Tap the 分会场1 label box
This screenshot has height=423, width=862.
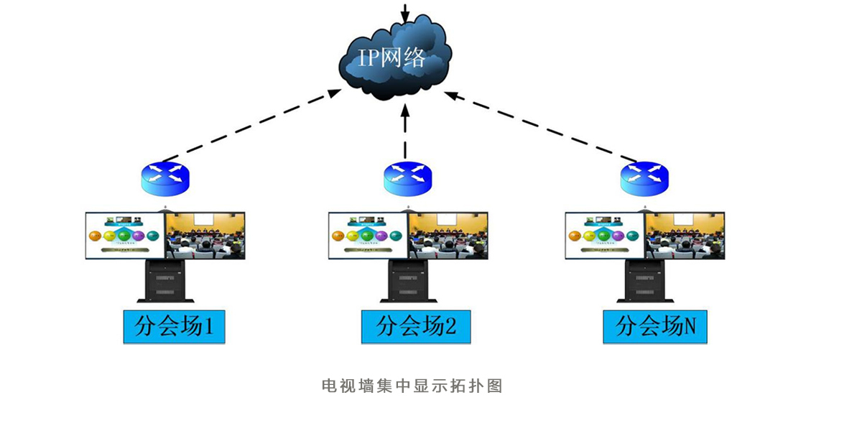point(174,327)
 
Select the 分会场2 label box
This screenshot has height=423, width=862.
point(416,327)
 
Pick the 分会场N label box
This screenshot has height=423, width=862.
point(655,327)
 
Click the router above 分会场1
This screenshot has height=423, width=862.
point(164,177)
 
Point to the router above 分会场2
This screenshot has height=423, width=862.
point(407,177)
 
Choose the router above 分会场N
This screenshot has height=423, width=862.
point(644,177)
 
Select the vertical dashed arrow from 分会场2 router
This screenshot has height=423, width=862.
point(405,133)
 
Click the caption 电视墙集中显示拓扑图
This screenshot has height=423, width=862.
point(412,386)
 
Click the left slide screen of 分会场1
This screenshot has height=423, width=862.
point(125,236)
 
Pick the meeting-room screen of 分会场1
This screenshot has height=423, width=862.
point(206,236)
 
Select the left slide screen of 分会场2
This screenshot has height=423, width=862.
point(368,236)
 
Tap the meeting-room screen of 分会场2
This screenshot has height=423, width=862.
point(449,236)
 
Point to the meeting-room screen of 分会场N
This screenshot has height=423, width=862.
point(685,236)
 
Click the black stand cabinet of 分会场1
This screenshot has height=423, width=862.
point(165,280)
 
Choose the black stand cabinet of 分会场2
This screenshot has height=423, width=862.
point(408,280)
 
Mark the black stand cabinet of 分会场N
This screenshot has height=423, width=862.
point(645,280)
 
